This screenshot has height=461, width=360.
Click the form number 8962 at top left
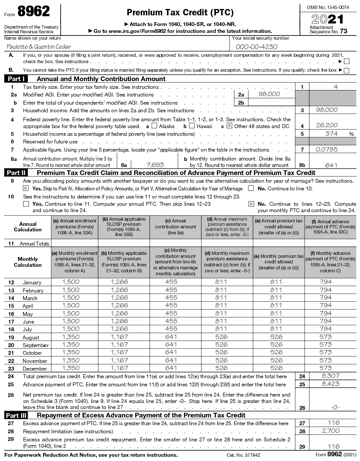click(34, 12)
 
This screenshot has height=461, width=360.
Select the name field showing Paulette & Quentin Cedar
click(39, 47)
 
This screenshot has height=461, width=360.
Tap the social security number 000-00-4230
click(257, 47)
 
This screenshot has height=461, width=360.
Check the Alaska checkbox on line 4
click(154, 126)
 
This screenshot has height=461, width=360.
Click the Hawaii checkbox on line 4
click(192, 126)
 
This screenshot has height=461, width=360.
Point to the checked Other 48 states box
click(229, 126)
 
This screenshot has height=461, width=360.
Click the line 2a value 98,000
click(269, 94)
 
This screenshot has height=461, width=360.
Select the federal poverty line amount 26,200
click(327, 125)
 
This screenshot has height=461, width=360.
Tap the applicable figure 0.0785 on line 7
click(327, 150)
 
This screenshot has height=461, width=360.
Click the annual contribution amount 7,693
click(155, 164)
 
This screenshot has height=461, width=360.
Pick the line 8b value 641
click(331, 165)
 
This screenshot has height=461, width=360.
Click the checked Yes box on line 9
click(26, 188)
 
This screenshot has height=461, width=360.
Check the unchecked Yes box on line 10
click(26, 204)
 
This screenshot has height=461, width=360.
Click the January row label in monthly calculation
click(32, 282)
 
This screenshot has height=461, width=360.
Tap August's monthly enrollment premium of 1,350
click(71, 337)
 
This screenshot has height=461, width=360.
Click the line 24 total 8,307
click(331, 376)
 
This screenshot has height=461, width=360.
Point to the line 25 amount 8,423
click(331, 384)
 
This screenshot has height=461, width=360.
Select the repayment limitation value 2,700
click(331, 431)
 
